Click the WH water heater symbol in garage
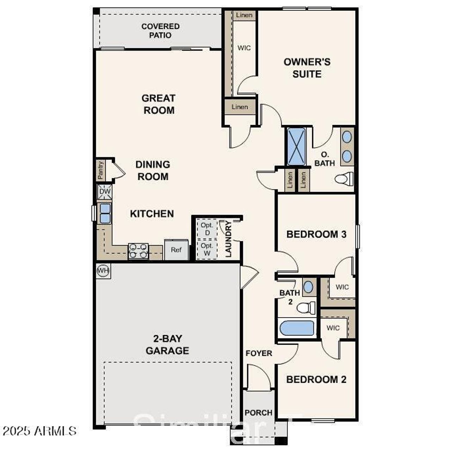click(x=103, y=271)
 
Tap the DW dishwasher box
click(x=105, y=192)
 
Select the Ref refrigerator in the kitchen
click(x=176, y=250)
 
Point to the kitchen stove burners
click(x=138, y=251)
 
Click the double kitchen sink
click(x=105, y=214)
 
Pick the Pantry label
click(x=100, y=170)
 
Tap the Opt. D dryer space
click(x=207, y=229)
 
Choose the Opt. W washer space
click(x=207, y=249)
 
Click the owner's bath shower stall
click(x=296, y=147)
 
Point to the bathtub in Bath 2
click(x=297, y=328)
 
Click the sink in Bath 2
click(x=308, y=286)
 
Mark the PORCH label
click(x=259, y=413)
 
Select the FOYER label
click(x=259, y=353)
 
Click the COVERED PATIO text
click(x=160, y=31)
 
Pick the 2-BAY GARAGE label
click(x=167, y=345)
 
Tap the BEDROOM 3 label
click(x=316, y=234)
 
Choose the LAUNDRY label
click(x=229, y=239)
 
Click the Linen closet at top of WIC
click(x=244, y=15)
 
